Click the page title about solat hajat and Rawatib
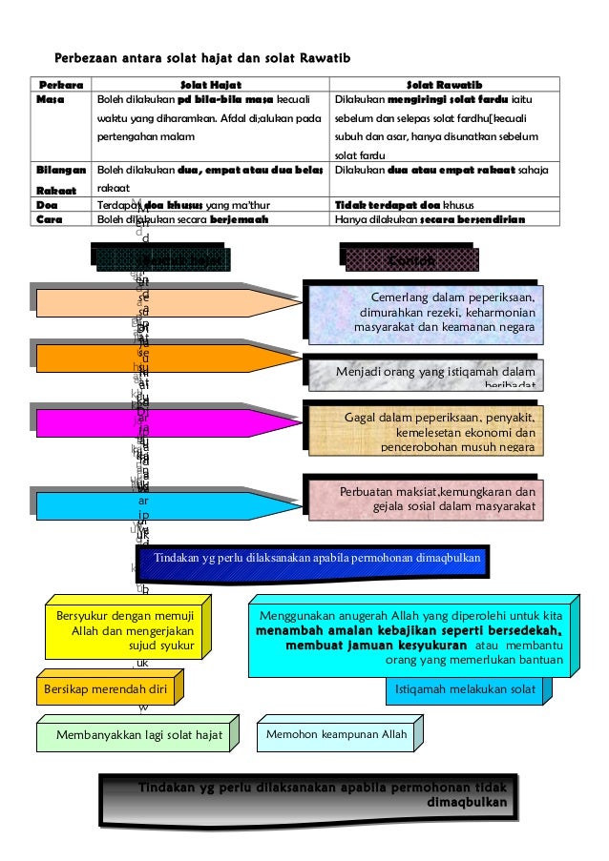coord(203,60)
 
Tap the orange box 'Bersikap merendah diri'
coord(108,687)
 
